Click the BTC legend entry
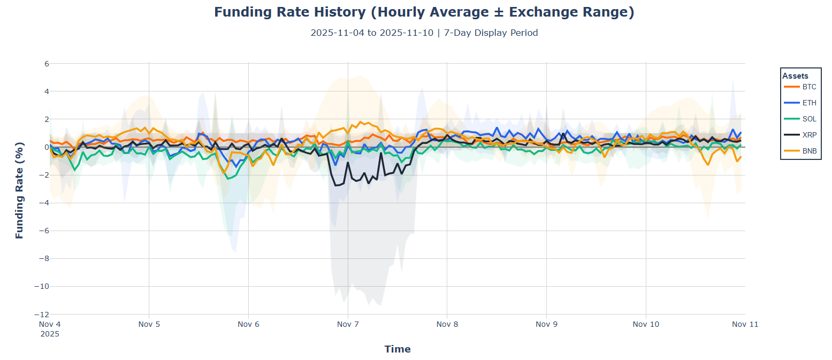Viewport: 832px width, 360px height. pyautogui.click(x=809, y=87)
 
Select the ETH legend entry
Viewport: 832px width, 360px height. pyautogui.click(x=809, y=103)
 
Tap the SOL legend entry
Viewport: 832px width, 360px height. pyautogui.click(x=809, y=119)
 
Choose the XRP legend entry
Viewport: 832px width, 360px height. pyautogui.click(x=809, y=135)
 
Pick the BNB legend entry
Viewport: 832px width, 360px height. pyautogui.click(x=809, y=151)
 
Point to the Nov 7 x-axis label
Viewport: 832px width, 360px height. pyautogui.click(x=348, y=324)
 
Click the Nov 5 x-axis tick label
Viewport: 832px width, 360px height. pyautogui.click(x=149, y=324)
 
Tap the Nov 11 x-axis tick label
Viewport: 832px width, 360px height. pyautogui.click(x=745, y=324)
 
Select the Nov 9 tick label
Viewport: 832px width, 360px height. pyautogui.click(x=546, y=324)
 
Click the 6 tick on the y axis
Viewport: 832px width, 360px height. pyautogui.click(x=47, y=63)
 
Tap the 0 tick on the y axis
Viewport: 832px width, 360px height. pyautogui.click(x=47, y=147)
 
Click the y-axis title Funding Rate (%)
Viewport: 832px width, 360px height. pyautogui.click(x=20, y=190)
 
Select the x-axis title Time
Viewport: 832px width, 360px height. pyautogui.click(x=398, y=349)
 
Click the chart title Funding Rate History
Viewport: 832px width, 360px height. pyautogui.click(x=424, y=12)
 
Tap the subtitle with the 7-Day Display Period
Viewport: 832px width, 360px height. pyautogui.click(x=424, y=33)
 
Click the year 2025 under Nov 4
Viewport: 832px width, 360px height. pyautogui.click(x=50, y=334)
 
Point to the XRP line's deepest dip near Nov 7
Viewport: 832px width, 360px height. pyautogui.click(x=336, y=185)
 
